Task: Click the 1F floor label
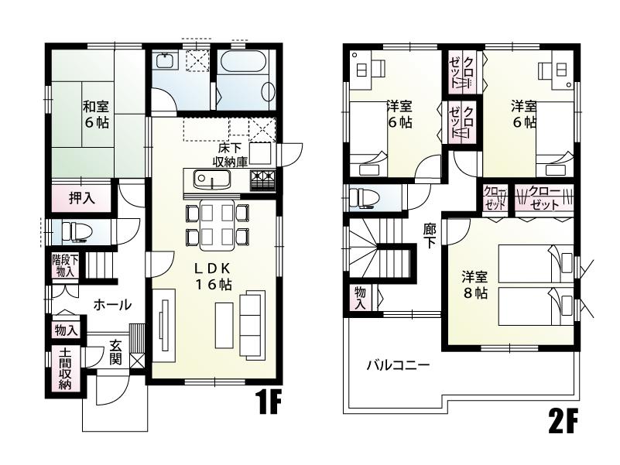pyautogui.click(x=269, y=405)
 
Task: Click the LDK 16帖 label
pyautogui.click(x=212, y=276)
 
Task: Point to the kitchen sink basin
pyautogui.click(x=206, y=180)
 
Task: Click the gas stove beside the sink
pyautogui.click(x=262, y=180)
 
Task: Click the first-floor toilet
pyautogui.click(x=73, y=231)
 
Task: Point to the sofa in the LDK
pyautogui.click(x=252, y=320)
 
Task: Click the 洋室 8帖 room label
pyautogui.click(x=474, y=285)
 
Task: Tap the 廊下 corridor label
pyautogui.click(x=429, y=235)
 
